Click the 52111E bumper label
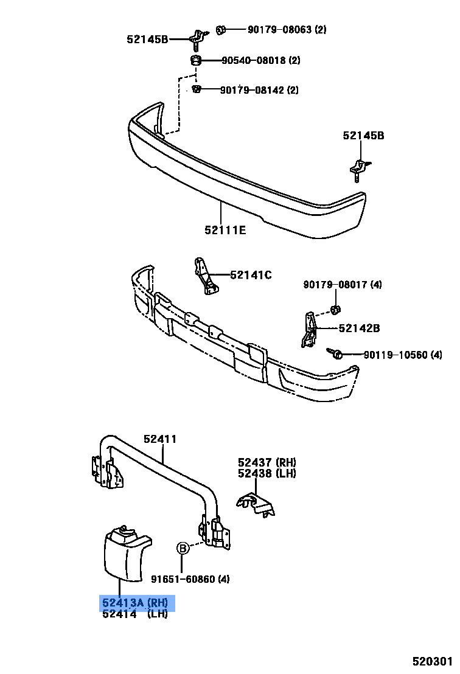pyautogui.click(x=225, y=229)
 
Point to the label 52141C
pyautogui.click(x=251, y=275)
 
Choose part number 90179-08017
pyautogui.click(x=334, y=285)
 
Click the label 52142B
pyautogui.click(x=359, y=328)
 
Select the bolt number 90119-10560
pyautogui.click(x=394, y=355)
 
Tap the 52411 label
pyautogui.click(x=160, y=439)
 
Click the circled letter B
pyautogui.click(x=182, y=549)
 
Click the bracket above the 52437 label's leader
pyautogui.click(x=256, y=502)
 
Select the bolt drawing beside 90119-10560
pyautogui.click(x=335, y=353)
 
